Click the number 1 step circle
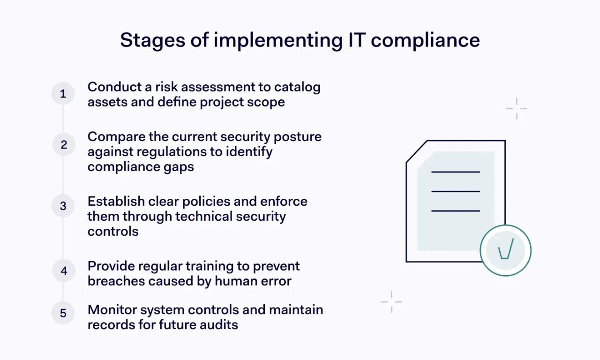click(x=63, y=94)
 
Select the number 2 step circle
click(x=63, y=145)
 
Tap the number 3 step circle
click(x=63, y=206)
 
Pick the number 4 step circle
click(x=63, y=271)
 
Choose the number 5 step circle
click(x=63, y=313)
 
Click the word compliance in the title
click(x=425, y=41)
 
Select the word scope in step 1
click(x=266, y=102)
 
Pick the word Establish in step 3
click(x=116, y=202)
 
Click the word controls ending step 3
click(x=113, y=232)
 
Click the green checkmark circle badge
click(x=505, y=250)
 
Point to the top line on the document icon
click(x=455, y=172)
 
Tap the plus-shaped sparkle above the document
click(x=517, y=109)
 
